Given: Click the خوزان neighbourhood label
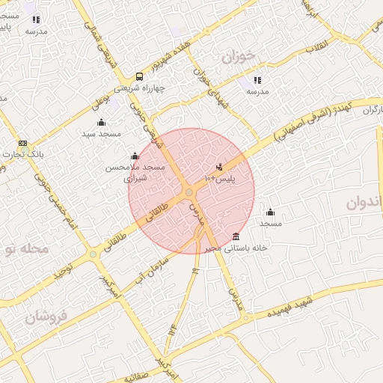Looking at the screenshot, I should click(239, 55).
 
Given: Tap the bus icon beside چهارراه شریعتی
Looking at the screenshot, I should click(139, 77).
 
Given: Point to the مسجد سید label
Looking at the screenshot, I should click(102, 132).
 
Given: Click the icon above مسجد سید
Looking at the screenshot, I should click(102, 122).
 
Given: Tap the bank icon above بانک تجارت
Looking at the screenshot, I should click(22, 143).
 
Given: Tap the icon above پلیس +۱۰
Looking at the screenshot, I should click(219, 167).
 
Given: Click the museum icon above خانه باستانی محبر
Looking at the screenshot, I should click(236, 236).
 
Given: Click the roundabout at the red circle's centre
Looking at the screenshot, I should click(189, 193).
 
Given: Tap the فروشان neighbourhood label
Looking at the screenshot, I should click(46, 316).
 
